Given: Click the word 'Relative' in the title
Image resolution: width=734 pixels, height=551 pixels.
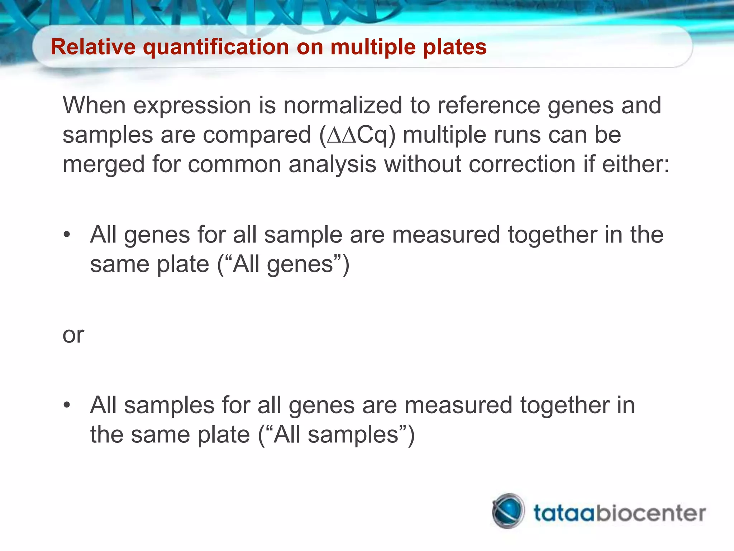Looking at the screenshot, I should click(x=93, y=47).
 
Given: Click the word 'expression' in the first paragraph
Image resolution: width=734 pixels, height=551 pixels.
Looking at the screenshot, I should click(x=192, y=106).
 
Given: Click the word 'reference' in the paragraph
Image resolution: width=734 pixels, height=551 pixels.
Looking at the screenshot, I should click(x=488, y=106).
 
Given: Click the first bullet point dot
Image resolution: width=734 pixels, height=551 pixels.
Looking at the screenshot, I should click(x=67, y=235).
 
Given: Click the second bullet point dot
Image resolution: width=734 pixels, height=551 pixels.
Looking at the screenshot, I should click(x=67, y=406).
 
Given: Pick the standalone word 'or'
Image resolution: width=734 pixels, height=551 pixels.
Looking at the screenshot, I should click(x=73, y=335).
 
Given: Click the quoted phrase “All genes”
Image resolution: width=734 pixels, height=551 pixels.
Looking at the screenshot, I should click(x=283, y=264).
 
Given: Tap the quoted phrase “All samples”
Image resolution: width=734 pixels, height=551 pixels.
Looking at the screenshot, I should click(x=336, y=435).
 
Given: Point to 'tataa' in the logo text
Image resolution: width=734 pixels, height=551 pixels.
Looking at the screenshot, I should click(x=563, y=513).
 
